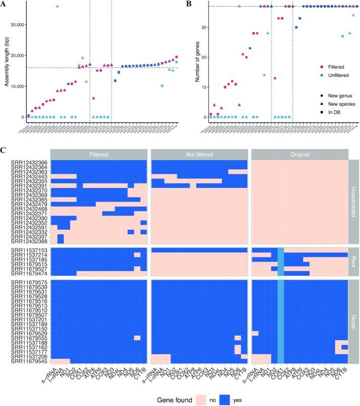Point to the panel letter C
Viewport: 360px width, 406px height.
[5, 151]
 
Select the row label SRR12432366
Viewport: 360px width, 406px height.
[29, 162]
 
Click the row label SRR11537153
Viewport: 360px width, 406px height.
[29, 250]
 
